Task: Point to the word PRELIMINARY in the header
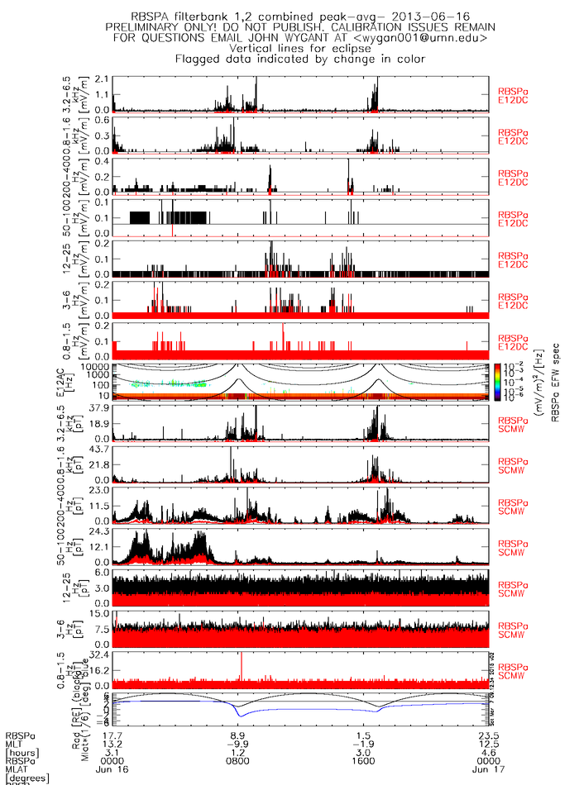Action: (147, 27)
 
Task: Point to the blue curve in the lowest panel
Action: (314, 710)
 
